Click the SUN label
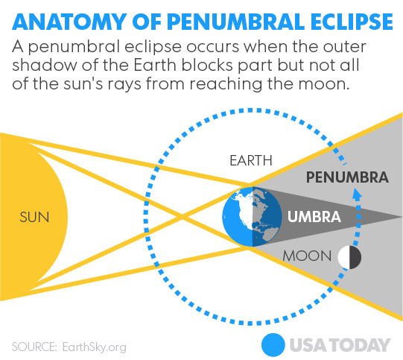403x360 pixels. click(x=34, y=217)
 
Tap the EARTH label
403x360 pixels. click(x=251, y=161)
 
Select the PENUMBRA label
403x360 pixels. click(x=347, y=177)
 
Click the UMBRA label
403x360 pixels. click(x=314, y=216)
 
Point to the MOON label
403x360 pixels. click(x=307, y=256)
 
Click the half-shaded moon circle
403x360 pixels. click(x=349, y=257)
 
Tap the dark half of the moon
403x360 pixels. click(x=355, y=257)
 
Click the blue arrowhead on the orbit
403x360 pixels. click(x=357, y=195)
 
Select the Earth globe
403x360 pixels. click(x=252, y=217)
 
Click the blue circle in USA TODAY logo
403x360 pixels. click(x=273, y=345)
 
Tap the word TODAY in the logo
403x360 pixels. click(x=362, y=345)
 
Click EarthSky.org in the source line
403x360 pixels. click(x=95, y=347)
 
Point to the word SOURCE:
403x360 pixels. click(x=34, y=347)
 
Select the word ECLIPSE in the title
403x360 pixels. click(x=352, y=22)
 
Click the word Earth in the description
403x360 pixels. click(x=155, y=65)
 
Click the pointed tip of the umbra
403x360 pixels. click(x=402, y=218)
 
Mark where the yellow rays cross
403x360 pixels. click(x=182, y=218)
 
